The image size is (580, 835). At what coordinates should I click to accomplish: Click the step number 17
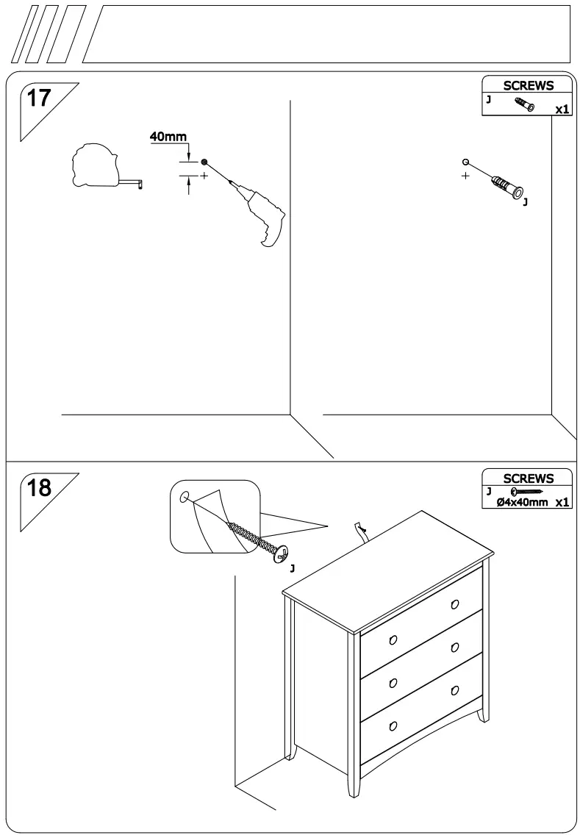click(x=38, y=98)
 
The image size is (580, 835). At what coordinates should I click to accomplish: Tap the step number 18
click(x=38, y=488)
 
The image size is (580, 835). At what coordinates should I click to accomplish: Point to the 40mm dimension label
click(x=168, y=137)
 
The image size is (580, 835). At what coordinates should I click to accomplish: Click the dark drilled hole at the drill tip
click(x=204, y=162)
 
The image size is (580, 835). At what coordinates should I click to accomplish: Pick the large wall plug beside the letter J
click(x=506, y=186)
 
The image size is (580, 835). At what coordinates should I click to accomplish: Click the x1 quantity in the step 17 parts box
click(x=562, y=110)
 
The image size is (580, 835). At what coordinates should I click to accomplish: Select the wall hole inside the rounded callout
click(x=184, y=496)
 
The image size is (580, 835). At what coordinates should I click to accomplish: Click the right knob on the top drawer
click(x=455, y=604)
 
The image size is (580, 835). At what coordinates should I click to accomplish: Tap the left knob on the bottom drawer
click(x=393, y=726)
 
